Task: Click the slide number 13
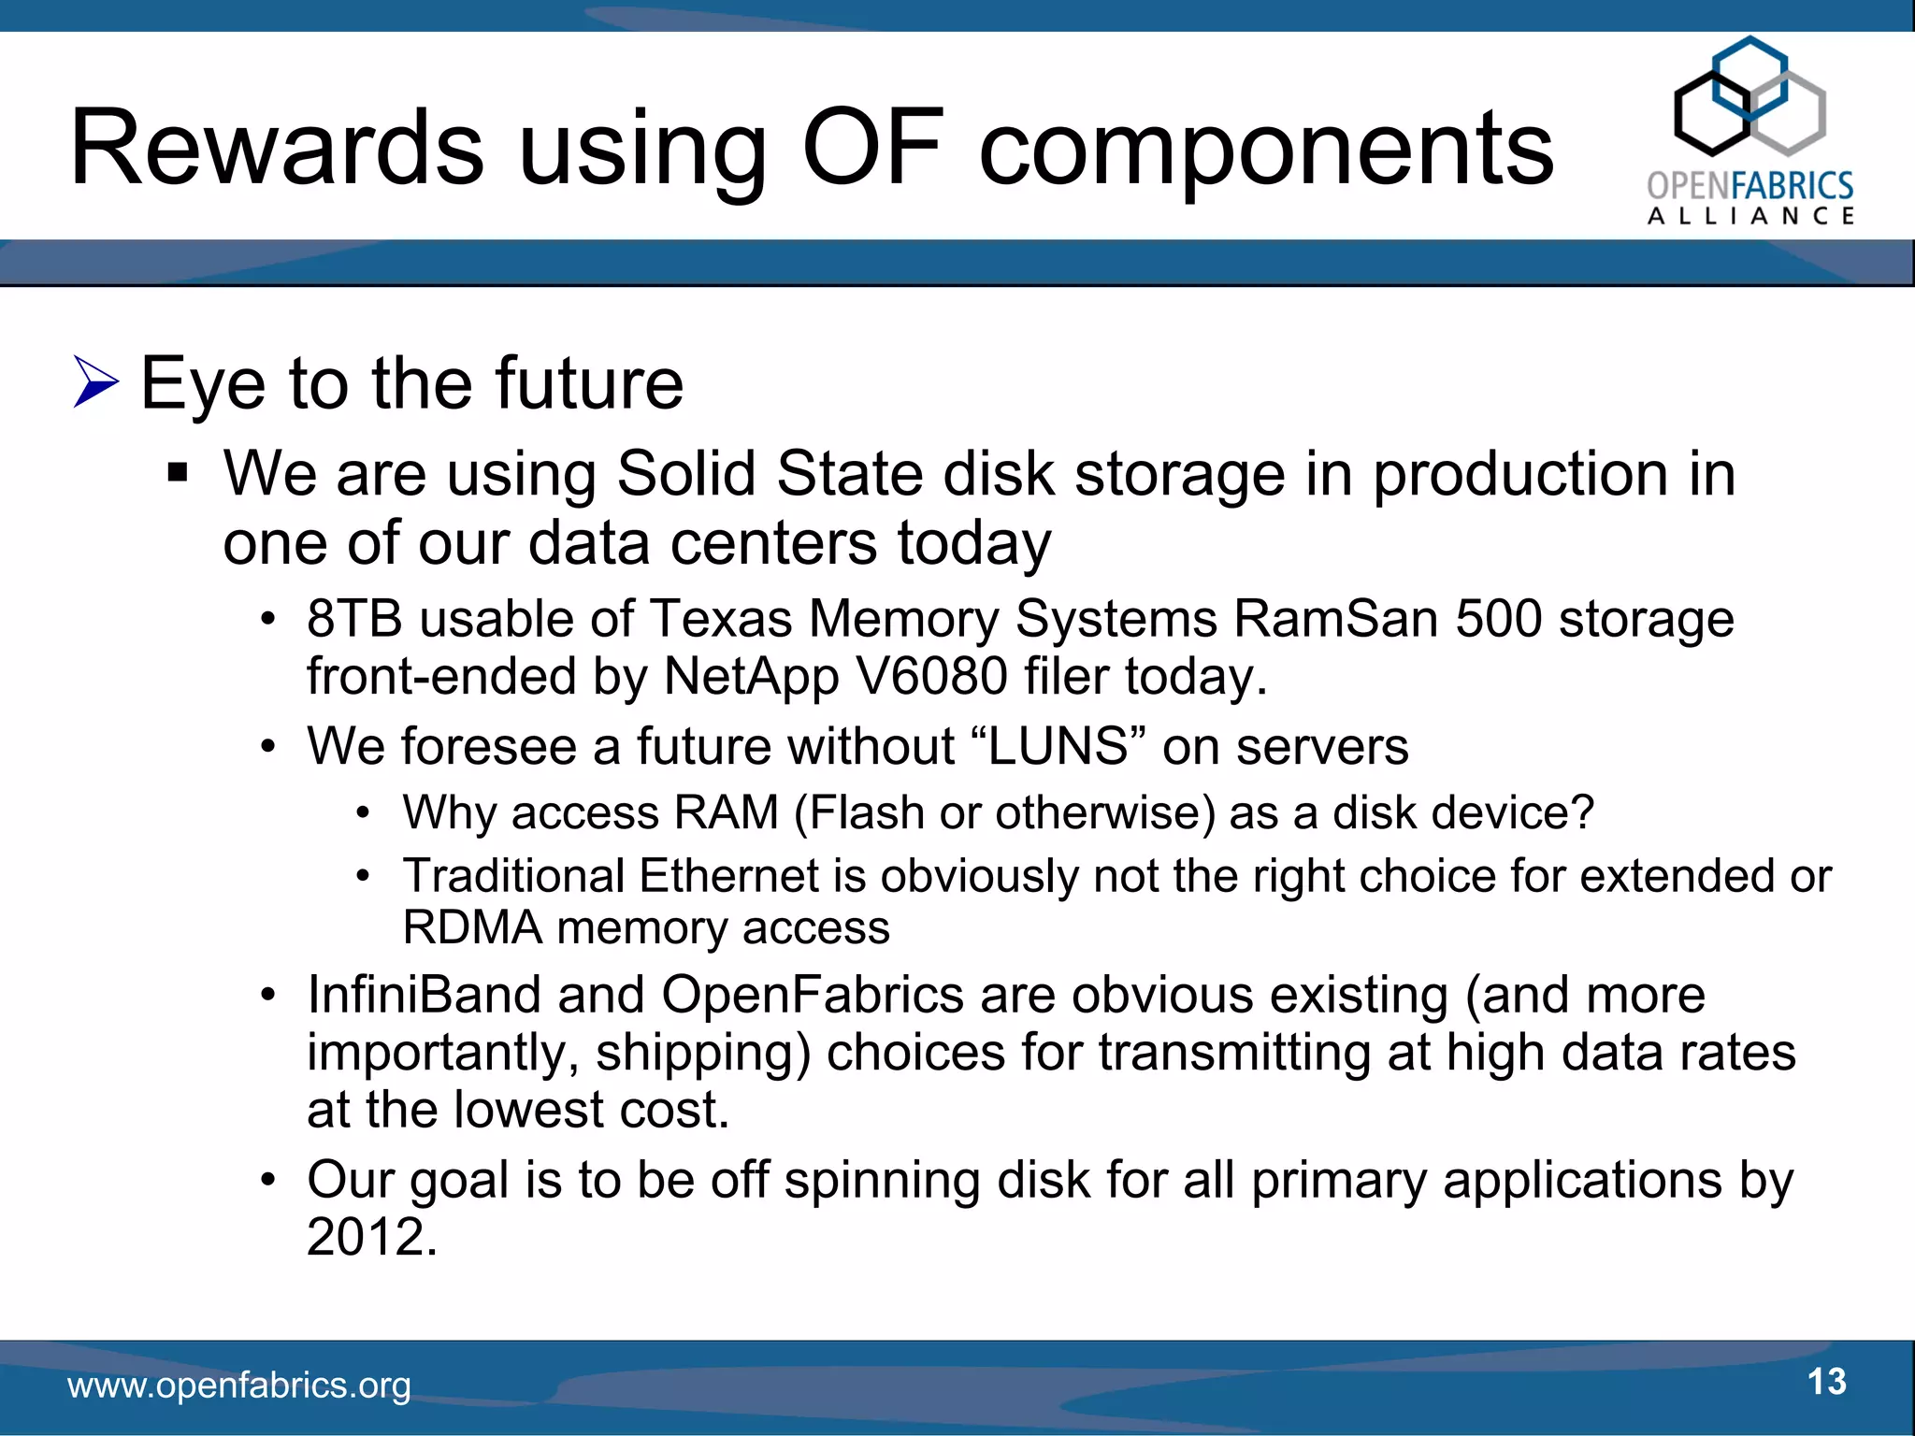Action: (x=1826, y=1382)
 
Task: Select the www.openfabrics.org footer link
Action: (x=239, y=1386)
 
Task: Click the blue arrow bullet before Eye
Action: (x=96, y=382)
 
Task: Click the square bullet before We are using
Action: (x=178, y=474)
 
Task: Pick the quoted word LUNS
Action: (x=1058, y=747)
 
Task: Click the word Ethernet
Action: (x=729, y=877)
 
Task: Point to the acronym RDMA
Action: (x=472, y=928)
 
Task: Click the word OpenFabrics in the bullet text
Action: (x=812, y=995)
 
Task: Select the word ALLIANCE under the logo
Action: (x=1750, y=216)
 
